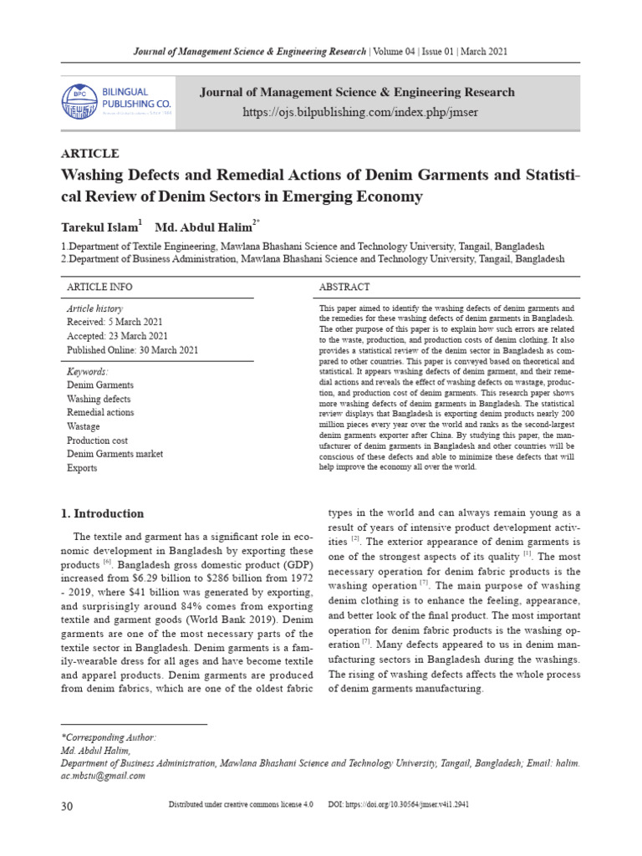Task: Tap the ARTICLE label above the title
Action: click(x=90, y=153)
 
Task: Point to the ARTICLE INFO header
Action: click(x=99, y=287)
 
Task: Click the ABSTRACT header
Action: click(x=344, y=287)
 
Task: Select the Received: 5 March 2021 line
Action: click(x=115, y=322)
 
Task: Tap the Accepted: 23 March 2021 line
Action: click(x=116, y=336)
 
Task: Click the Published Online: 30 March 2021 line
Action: click(x=132, y=350)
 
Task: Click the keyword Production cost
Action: click(x=97, y=441)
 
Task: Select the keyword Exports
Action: click(x=82, y=468)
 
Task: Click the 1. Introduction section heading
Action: click(x=103, y=514)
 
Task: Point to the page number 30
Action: click(x=68, y=805)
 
